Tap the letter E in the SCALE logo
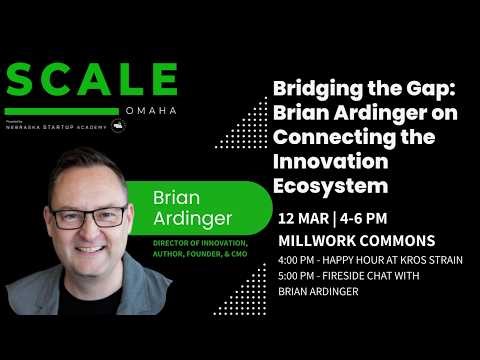(162, 82)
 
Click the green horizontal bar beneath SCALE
(62, 111)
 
